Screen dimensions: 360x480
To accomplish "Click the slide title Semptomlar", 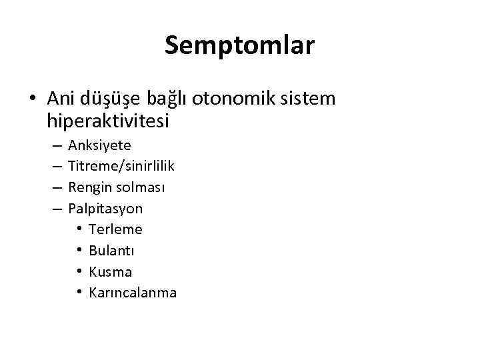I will tap(239, 45).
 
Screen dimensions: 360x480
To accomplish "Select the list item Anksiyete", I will tap(99, 145).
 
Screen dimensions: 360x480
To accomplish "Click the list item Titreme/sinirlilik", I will tap(121, 166).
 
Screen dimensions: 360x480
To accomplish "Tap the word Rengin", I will tap(89, 188).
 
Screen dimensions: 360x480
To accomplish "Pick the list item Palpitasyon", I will tap(105, 209).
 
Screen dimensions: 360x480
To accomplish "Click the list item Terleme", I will tap(115, 229).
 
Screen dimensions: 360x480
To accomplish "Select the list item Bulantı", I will tap(111, 251).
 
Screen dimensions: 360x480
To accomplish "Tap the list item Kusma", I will tap(110, 272).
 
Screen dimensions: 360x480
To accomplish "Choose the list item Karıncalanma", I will tap(132, 293).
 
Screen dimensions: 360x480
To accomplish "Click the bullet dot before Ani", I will tap(32, 99).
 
